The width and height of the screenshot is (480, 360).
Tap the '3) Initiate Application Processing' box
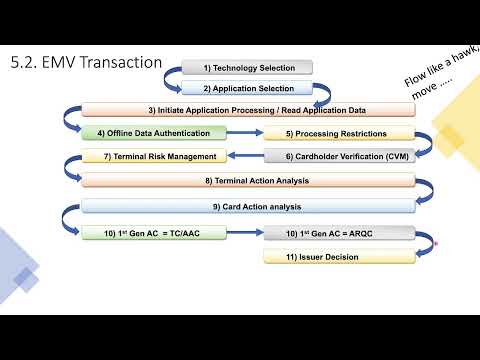click(248, 110)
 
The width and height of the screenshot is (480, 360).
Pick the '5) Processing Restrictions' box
click(338, 133)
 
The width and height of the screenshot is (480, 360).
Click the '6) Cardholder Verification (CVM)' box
click(338, 156)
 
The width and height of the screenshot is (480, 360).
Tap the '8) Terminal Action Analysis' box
click(248, 180)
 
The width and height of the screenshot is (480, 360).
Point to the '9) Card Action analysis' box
click(248, 206)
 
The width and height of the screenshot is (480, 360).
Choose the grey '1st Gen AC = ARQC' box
click(338, 233)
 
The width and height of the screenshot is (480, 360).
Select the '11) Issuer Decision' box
click(338, 257)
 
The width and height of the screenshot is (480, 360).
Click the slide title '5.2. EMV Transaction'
click(85, 62)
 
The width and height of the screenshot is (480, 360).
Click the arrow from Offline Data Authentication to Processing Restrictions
click(244, 133)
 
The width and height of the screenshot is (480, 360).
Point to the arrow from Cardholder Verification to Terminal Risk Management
click(244, 156)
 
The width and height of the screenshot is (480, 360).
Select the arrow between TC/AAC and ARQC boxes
click(244, 233)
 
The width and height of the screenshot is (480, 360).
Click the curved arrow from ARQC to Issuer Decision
click(427, 250)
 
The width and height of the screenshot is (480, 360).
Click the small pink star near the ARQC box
click(435, 241)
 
